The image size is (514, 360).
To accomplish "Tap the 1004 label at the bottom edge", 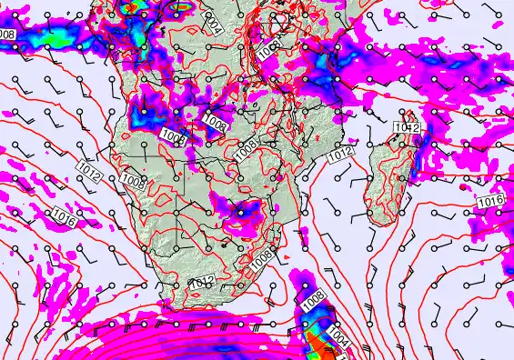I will pyautogui.click(x=338, y=337).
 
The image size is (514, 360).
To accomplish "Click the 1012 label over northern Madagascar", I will pyautogui.click(x=407, y=128).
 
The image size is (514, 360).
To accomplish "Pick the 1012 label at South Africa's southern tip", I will pyautogui.click(x=202, y=283).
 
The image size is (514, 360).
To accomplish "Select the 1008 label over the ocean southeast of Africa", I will pyautogui.click(x=314, y=296).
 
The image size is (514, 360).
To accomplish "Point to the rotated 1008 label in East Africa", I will pyautogui.click(x=268, y=52).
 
